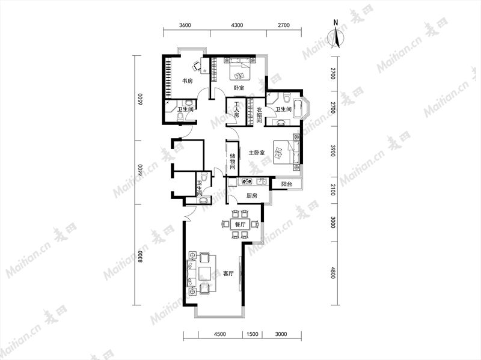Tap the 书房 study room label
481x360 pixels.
click(187, 81)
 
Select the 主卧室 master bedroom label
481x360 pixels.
click(257, 153)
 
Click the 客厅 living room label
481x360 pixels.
click(228, 273)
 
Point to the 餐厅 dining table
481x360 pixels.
click(240, 224)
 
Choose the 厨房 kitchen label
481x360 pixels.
click(251, 196)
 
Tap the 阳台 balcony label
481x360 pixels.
click(287, 185)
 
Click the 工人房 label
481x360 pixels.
click(236, 110)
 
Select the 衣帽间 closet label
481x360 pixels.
click(260, 115)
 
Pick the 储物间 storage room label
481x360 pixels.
click(233, 161)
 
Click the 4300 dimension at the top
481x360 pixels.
click(237, 25)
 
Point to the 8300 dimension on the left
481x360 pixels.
click(140, 257)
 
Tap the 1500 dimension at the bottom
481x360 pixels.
click(252, 334)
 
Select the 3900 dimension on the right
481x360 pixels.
click(333, 151)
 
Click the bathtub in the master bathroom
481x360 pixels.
click(298, 108)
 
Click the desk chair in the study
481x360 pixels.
click(196, 66)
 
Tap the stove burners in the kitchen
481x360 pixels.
click(247, 182)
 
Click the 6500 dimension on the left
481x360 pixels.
click(141, 99)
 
